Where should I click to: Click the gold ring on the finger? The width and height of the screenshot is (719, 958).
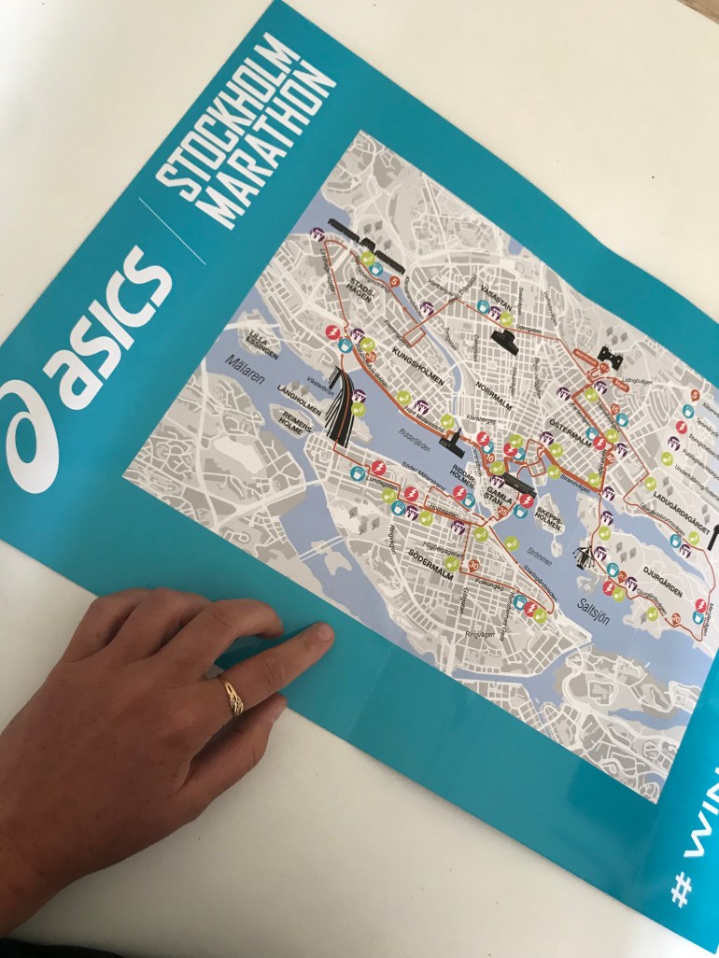tap(231, 696)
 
